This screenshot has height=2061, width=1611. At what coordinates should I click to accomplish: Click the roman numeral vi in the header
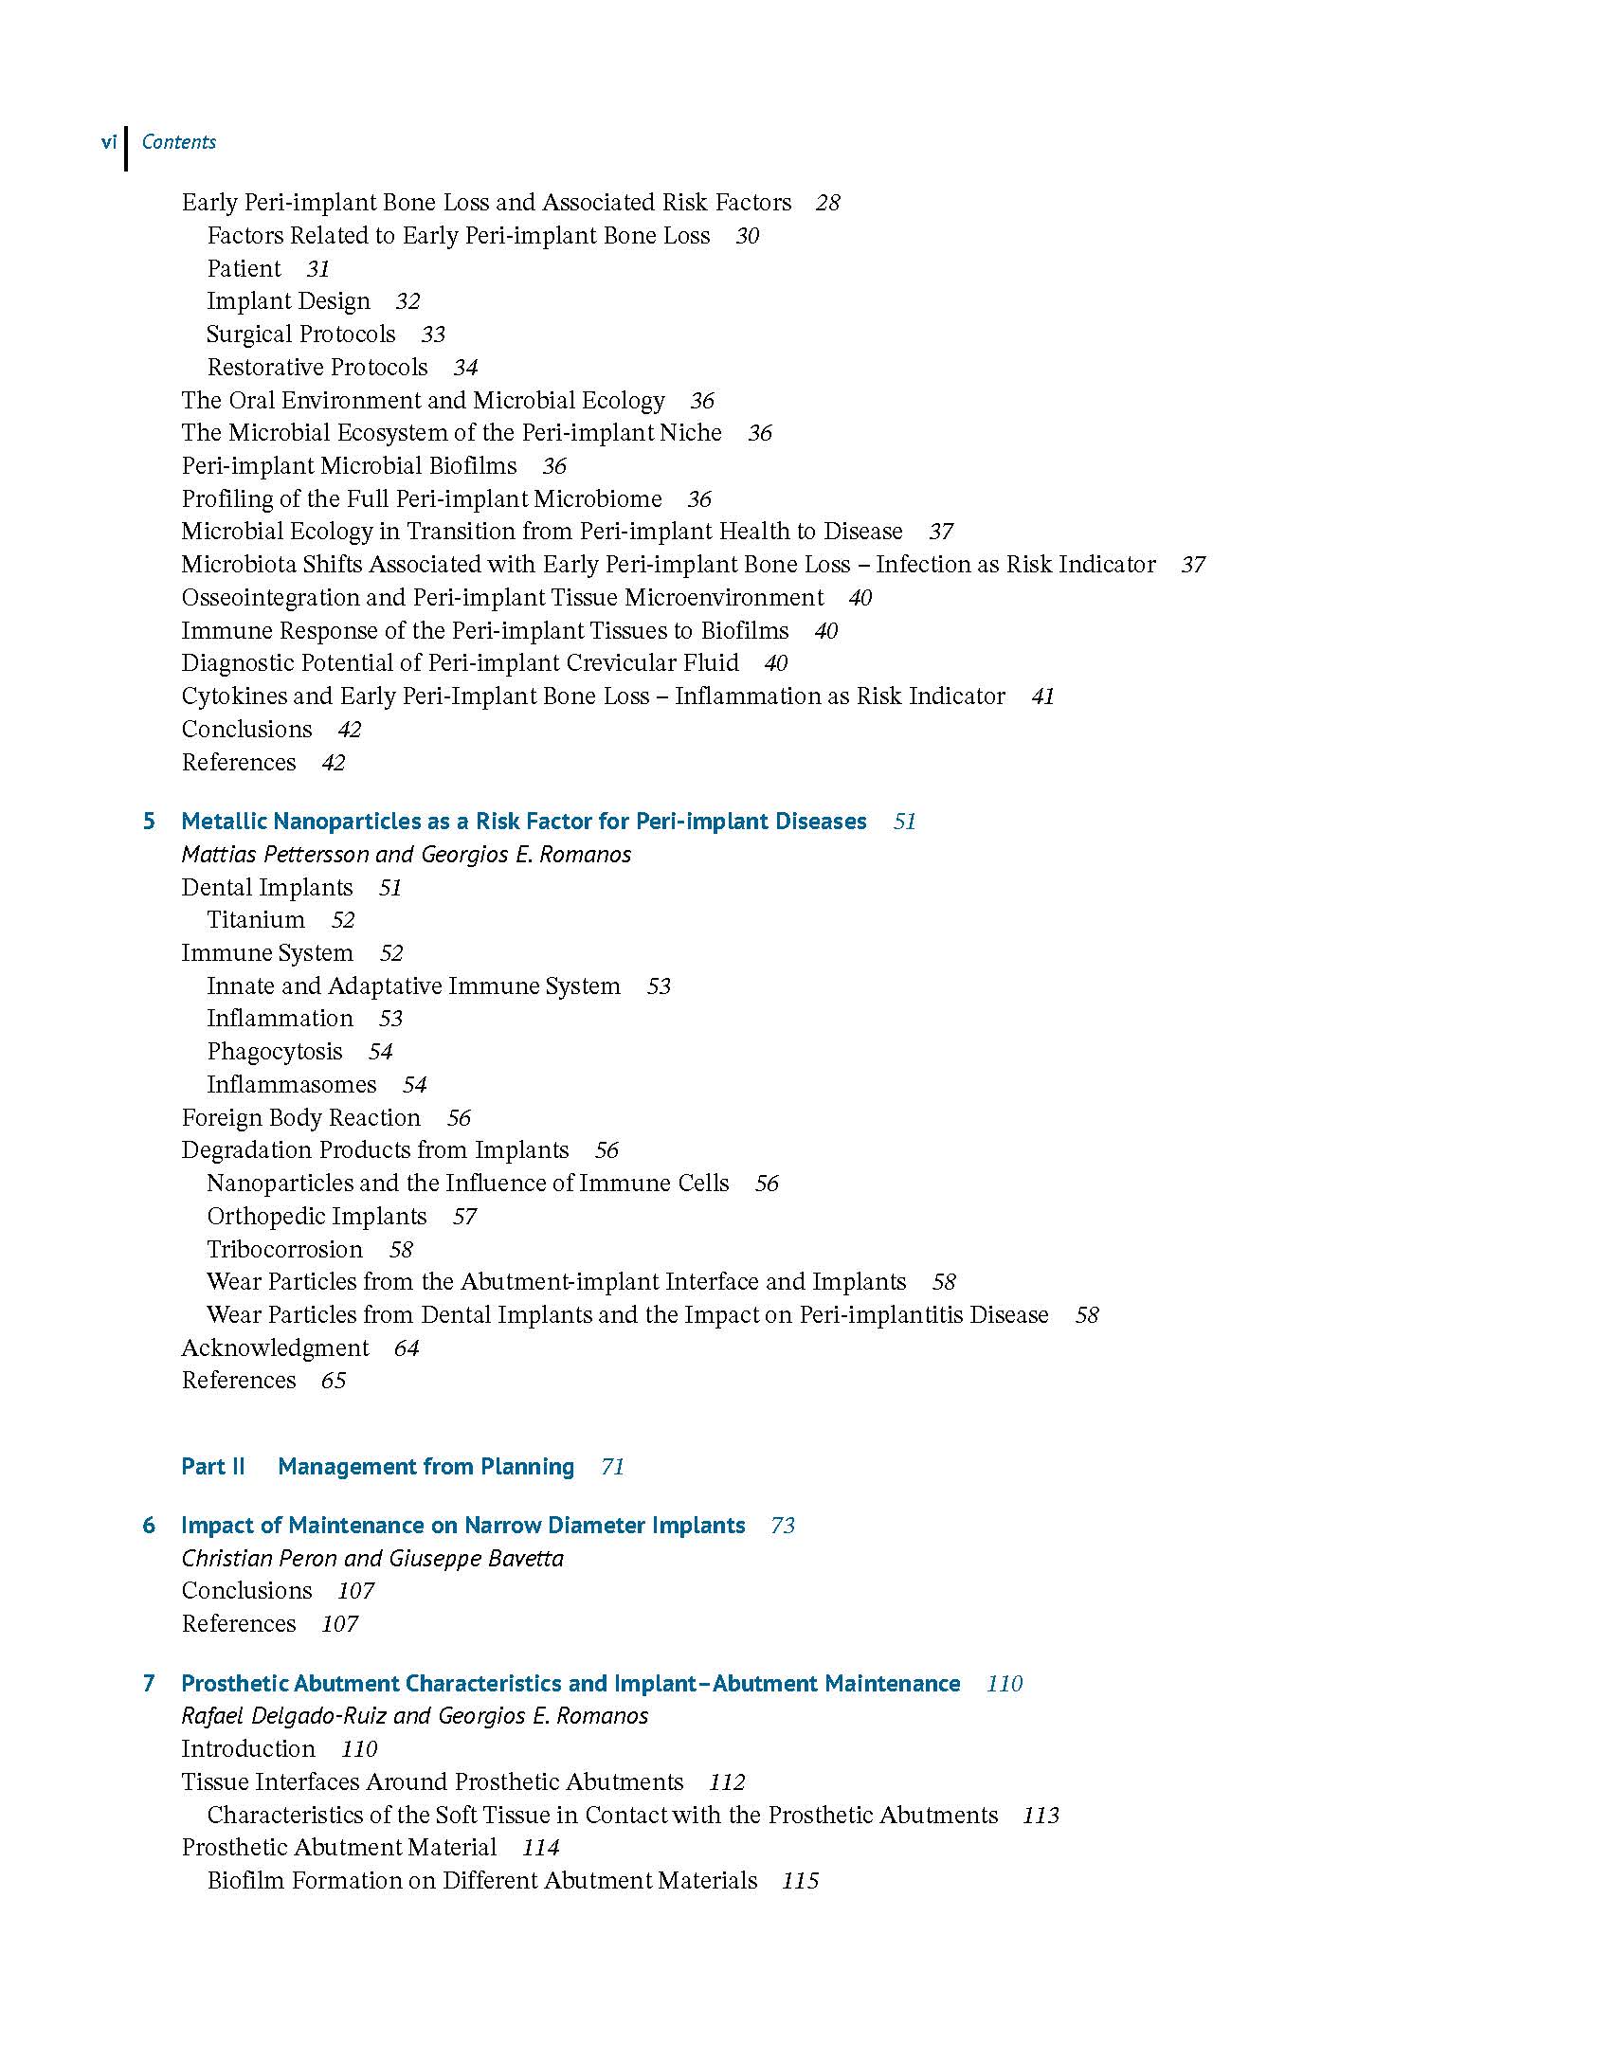109,142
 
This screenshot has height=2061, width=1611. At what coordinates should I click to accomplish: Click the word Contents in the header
178,142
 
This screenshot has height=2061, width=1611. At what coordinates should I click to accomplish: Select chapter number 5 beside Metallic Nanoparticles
149,822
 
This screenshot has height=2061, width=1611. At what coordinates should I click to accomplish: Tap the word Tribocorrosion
284,1250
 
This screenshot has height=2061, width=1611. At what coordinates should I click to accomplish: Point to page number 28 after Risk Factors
827,203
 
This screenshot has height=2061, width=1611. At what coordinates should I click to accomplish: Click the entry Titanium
256,920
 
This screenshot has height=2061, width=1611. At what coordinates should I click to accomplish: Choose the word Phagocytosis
275,1052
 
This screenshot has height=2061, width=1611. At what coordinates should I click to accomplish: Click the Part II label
212,1467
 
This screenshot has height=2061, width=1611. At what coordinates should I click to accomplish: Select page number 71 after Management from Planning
612,1467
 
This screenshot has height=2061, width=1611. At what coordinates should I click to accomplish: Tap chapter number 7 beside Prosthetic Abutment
149,1684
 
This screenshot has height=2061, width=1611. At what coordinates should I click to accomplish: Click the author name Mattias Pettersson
275,855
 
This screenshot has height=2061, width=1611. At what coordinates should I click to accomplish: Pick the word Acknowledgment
275,1348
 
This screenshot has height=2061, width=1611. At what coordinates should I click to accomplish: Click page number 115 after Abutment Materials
800,1881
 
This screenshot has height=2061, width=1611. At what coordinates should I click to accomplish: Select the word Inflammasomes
292,1085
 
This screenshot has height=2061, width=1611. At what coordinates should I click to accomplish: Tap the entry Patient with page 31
244,269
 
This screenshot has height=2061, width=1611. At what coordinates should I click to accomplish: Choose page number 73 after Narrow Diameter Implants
782,1526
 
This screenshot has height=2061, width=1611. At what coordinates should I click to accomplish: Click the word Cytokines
234,696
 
